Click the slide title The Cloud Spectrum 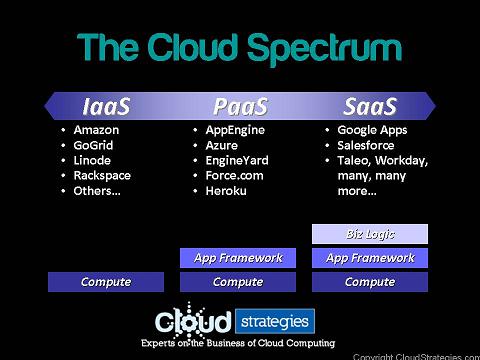coord(239,48)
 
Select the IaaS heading coord(106,106)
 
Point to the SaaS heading coord(370,106)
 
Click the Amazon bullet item coord(96,130)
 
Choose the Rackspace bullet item coord(102,175)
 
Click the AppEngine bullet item coord(235,130)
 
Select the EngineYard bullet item coord(237,160)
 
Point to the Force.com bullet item coord(234,175)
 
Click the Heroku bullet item coord(227,190)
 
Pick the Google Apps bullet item coord(372,130)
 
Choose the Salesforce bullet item coord(367,145)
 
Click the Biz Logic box coord(370,234)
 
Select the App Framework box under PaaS coord(238,258)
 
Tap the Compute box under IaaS coord(106,282)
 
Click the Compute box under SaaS coord(370,282)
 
